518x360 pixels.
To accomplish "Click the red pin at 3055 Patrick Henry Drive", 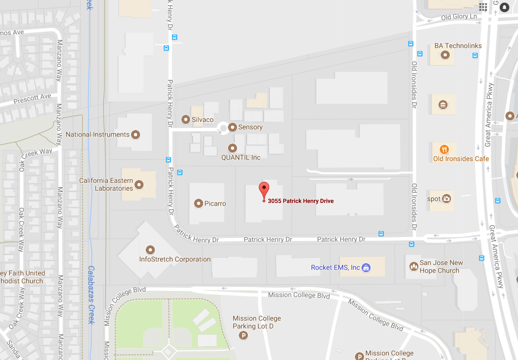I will click(264, 190).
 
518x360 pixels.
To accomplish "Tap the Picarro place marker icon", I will click(199, 203).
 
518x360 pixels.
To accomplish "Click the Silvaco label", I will click(203, 120).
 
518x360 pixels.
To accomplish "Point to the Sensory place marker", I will click(232, 127).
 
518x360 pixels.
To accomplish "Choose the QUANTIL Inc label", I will click(241, 157).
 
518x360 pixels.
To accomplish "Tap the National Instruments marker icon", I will click(135, 135).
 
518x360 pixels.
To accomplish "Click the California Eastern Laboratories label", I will click(106, 184).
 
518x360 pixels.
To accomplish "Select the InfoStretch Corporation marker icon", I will click(150, 250).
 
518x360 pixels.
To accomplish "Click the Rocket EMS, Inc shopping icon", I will click(366, 267).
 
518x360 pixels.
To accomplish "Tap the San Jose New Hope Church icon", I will click(414, 266).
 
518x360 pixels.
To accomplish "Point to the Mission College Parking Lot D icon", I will click(244, 335).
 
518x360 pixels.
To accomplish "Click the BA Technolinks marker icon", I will click(445, 55).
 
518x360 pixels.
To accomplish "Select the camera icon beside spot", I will click(446, 199).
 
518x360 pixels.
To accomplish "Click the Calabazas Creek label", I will click(91, 295).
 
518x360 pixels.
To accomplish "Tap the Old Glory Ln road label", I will click(459, 17).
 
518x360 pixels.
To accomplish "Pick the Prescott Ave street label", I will click(32, 99).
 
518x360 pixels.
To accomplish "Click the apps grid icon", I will click(483, 7).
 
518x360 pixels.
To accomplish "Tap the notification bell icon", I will click(504, 7).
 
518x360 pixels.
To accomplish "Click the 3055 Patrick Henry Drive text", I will click(301, 201).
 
